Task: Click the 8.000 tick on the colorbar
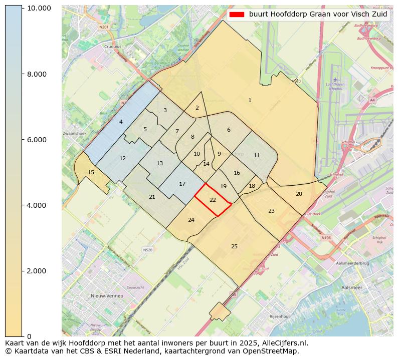tap(23, 74)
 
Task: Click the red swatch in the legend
tap(236, 15)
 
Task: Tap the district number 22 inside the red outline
tap(213, 200)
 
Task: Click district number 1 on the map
tap(250, 101)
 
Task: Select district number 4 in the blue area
tap(121, 122)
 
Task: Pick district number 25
tap(234, 246)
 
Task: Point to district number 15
tap(91, 172)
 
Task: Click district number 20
tap(299, 194)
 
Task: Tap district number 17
tap(182, 184)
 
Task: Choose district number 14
tap(206, 164)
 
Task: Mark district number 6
tap(229, 130)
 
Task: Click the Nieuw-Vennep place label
tap(107, 296)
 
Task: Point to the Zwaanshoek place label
tap(74, 134)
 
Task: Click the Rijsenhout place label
tap(280, 316)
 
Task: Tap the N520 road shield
tap(147, 250)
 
